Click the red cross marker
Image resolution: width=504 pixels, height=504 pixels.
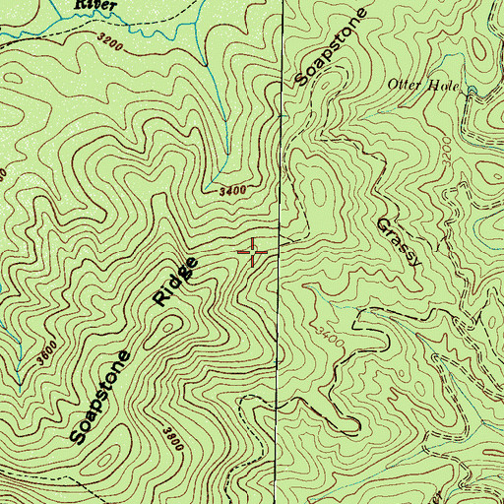254,253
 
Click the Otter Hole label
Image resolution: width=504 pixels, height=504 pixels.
424,86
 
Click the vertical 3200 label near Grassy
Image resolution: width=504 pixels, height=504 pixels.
448,153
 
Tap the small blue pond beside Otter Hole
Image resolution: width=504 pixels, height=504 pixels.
473,94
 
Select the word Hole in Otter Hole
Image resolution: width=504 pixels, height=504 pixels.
445,86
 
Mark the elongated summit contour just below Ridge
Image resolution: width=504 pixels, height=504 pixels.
197,325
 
